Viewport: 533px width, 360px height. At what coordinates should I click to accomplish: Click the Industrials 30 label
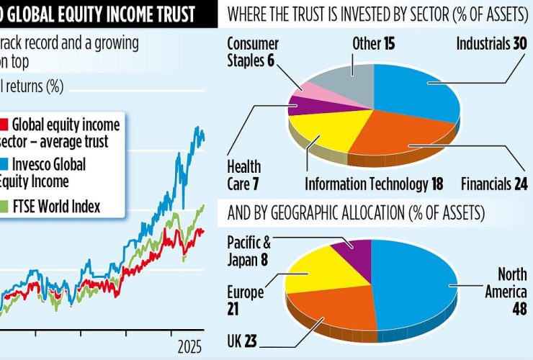(x=491, y=45)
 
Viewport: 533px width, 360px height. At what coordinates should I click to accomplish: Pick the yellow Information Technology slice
(x=328, y=133)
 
